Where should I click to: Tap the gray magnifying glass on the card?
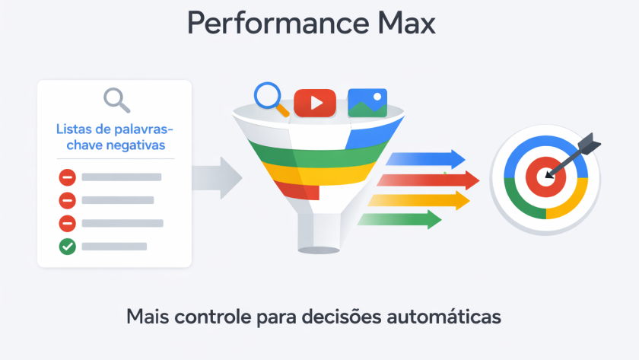click(x=116, y=100)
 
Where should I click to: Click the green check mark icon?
click(x=68, y=247)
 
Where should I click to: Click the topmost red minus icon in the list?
click(x=68, y=177)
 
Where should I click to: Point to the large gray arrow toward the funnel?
click(x=216, y=178)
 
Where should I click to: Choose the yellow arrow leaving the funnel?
click(x=419, y=200)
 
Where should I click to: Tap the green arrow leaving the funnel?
click(x=400, y=220)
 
